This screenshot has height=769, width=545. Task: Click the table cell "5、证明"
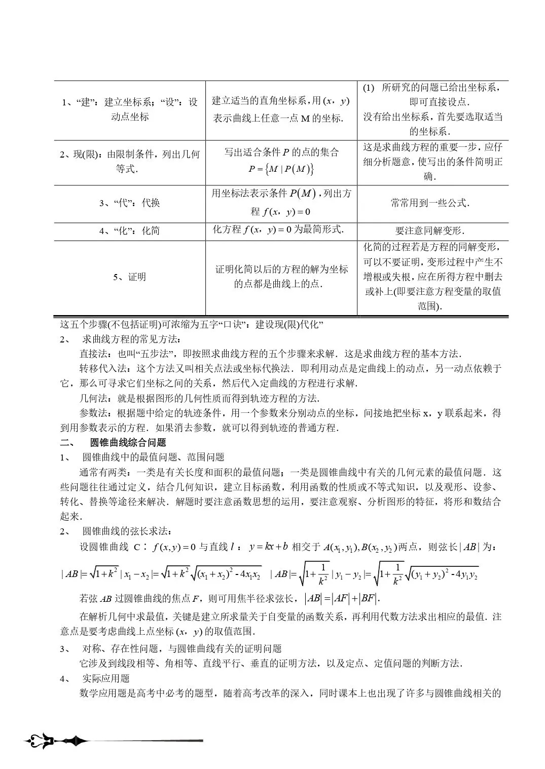tap(130, 277)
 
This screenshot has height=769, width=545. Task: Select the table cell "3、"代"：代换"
tap(130, 203)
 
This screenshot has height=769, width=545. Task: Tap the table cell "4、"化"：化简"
tap(130, 230)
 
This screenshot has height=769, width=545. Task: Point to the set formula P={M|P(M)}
tap(281, 169)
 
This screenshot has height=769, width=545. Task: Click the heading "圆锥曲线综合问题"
tap(128, 442)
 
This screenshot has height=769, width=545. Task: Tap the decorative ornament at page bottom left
tap(56, 742)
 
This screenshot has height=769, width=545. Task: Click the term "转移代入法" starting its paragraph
tap(103, 368)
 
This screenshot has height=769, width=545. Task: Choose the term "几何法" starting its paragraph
tap(94, 398)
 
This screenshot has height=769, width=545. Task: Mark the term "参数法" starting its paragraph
tap(94, 412)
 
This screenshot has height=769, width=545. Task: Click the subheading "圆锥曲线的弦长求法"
tap(127, 531)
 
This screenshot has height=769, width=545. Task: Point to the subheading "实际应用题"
tap(105, 678)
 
